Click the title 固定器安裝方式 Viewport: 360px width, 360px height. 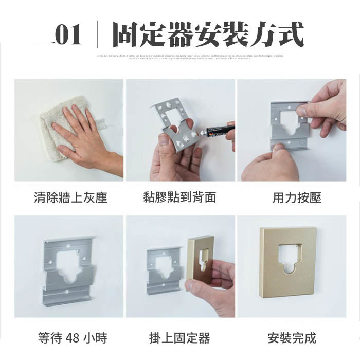click(x=208, y=35)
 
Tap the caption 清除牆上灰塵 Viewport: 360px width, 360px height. click(x=70, y=197)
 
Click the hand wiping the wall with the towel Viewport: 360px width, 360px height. click(x=82, y=139)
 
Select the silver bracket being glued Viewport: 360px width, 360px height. click(x=175, y=123)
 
